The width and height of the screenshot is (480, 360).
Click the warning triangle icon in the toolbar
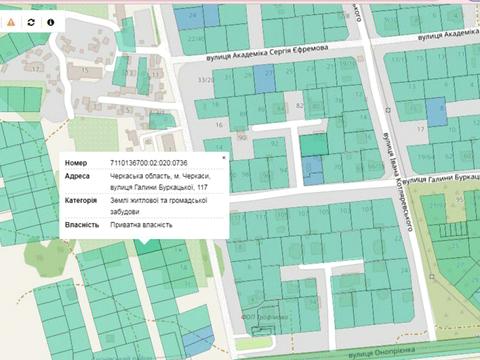coord(12,21)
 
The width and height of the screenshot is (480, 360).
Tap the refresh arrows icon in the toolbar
coord(31,21)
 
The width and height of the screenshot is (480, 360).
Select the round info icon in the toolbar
coord(50,21)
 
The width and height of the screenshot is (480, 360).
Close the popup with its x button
coord(222,158)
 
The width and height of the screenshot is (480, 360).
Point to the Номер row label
coord(77,162)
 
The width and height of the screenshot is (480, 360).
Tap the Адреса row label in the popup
coord(78,176)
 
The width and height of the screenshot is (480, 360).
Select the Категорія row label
coord(82,199)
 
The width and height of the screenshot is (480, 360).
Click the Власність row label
coord(81,224)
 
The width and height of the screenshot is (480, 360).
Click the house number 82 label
coord(300,104)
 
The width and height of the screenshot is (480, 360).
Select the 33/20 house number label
coord(206,80)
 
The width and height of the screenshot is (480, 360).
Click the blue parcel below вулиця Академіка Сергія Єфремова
coord(264,80)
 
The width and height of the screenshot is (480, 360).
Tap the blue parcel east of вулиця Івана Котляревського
coord(436,111)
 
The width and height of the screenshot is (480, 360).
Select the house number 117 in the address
coord(203,187)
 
